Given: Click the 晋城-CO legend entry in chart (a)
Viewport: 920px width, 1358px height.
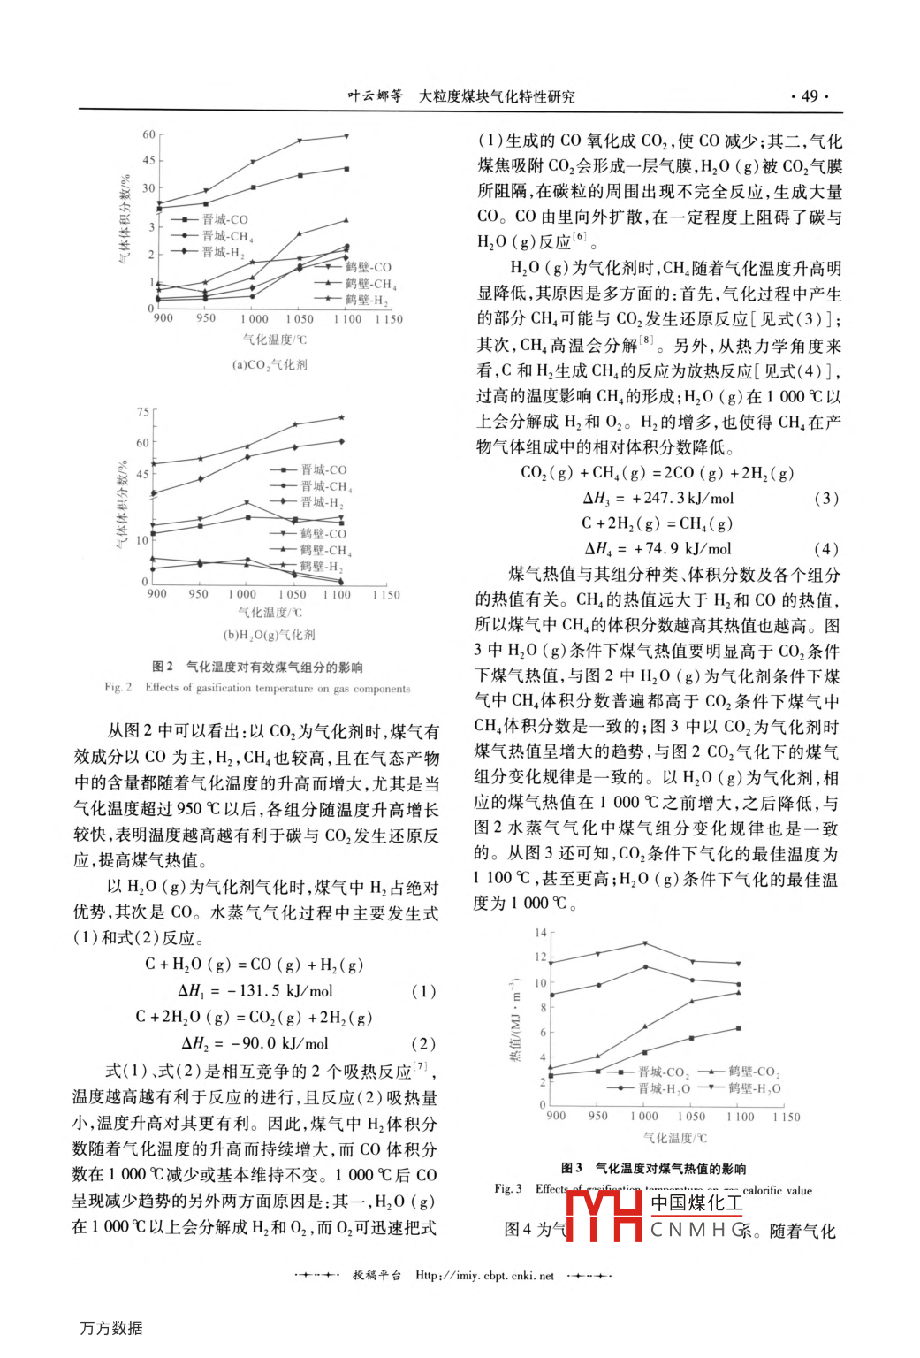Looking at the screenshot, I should point(224,219).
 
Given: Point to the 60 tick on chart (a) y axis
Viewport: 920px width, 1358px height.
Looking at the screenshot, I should point(149,134).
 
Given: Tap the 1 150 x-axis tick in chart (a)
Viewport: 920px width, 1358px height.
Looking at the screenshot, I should point(389,319).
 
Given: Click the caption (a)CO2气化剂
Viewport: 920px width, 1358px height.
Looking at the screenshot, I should point(270,364).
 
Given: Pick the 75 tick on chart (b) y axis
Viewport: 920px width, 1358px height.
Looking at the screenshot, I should point(143,412).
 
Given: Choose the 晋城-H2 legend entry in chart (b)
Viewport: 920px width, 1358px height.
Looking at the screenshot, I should point(321,502).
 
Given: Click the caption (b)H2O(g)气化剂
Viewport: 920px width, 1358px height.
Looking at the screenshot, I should point(270,635).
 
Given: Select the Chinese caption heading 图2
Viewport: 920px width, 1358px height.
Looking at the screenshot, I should point(163,667).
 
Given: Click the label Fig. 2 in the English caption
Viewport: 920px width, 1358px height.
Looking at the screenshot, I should point(118,687).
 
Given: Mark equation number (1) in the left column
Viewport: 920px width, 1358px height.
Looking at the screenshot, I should point(423,991).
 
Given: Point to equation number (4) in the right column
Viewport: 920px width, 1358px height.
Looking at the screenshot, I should point(825,548).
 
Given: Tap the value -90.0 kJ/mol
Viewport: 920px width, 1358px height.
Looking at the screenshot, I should point(278,1043).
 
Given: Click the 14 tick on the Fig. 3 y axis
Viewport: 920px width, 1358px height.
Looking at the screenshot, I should point(541,933).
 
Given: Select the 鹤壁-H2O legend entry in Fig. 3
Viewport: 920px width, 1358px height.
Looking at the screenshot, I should point(754,1088).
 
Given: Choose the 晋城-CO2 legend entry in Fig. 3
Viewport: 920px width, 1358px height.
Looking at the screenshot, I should point(664,1072).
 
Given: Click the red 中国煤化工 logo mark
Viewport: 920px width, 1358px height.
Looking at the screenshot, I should point(604,1216).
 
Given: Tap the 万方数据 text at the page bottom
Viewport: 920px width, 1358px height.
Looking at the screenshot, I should point(111,1328).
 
